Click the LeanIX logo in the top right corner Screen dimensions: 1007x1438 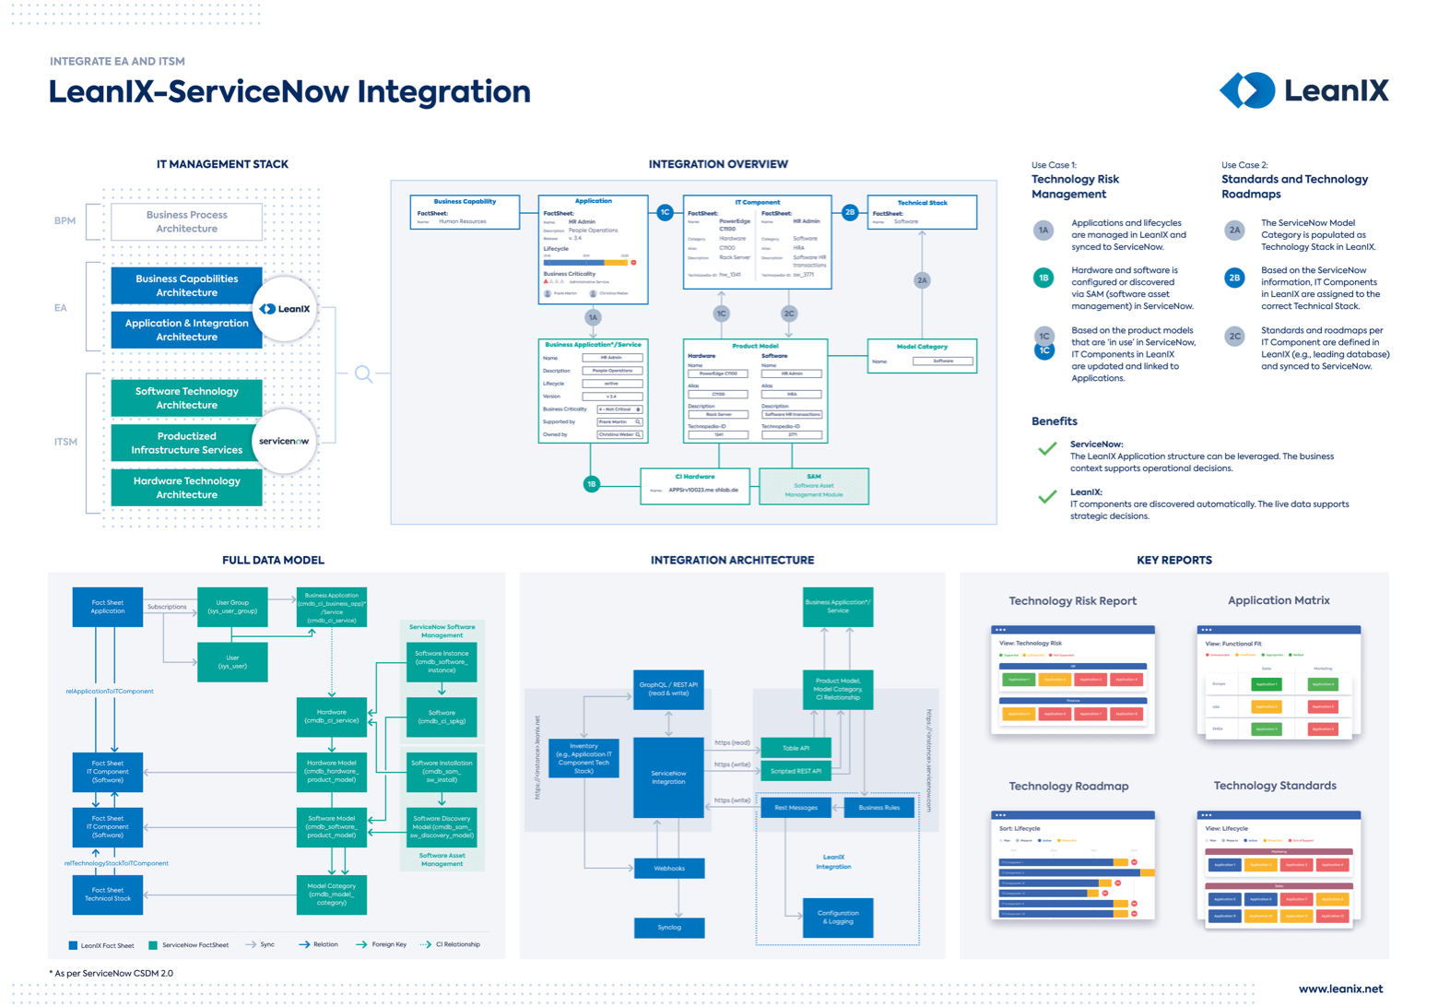tap(1303, 90)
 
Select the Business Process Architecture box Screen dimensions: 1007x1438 tap(187, 222)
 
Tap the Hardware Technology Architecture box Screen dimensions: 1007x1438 tap(187, 488)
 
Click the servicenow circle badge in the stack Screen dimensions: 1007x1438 tap(284, 442)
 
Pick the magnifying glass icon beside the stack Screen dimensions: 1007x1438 tap(363, 373)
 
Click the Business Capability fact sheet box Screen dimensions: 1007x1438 tap(465, 212)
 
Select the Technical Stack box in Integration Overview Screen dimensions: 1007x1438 tap(922, 212)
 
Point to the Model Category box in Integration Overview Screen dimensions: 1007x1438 tap(922, 355)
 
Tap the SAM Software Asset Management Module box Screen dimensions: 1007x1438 tap(813, 486)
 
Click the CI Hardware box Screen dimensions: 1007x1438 tap(694, 485)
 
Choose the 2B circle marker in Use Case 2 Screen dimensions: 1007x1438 tap(1234, 278)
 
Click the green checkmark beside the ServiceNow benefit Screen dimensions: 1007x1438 tap(1047, 449)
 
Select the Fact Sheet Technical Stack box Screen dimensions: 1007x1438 tap(108, 894)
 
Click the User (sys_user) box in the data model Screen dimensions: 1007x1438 tap(232, 662)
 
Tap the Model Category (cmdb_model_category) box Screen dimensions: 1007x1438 tap(332, 894)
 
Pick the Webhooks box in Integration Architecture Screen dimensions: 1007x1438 tap(669, 868)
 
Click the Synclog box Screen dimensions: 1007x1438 tap(669, 927)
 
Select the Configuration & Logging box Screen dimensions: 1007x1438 tap(838, 917)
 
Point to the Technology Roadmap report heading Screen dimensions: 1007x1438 tap(1068, 787)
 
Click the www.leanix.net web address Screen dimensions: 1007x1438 tap(1340, 989)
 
